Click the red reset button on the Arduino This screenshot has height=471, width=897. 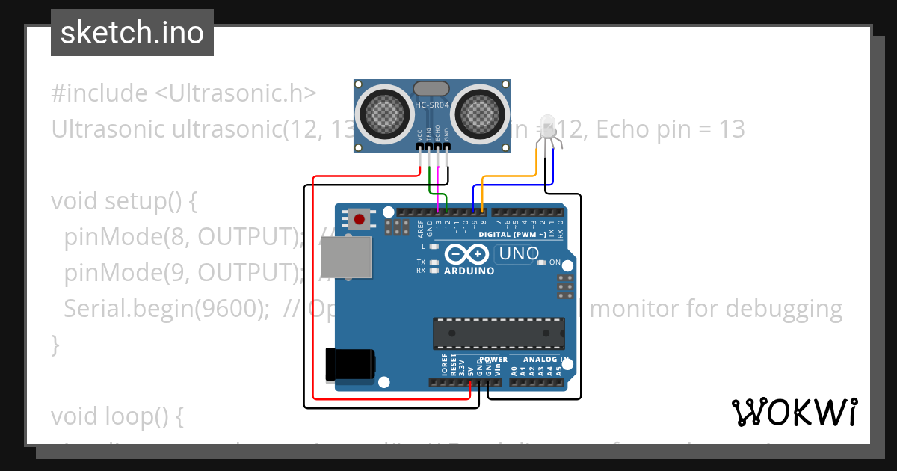click(x=360, y=219)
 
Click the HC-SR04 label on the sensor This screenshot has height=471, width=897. click(x=432, y=105)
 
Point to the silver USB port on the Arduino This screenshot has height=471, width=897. click(x=345, y=257)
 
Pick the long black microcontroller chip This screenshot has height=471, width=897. click(x=499, y=332)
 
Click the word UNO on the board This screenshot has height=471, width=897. click(x=519, y=254)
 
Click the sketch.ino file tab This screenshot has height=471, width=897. click(x=132, y=33)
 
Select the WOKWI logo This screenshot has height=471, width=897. click(x=794, y=412)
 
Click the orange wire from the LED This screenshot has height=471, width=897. click(x=508, y=176)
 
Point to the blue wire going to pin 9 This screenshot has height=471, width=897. click(x=516, y=184)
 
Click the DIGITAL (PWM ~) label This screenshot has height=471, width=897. click(x=517, y=234)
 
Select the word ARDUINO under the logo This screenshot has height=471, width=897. click(x=469, y=271)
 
